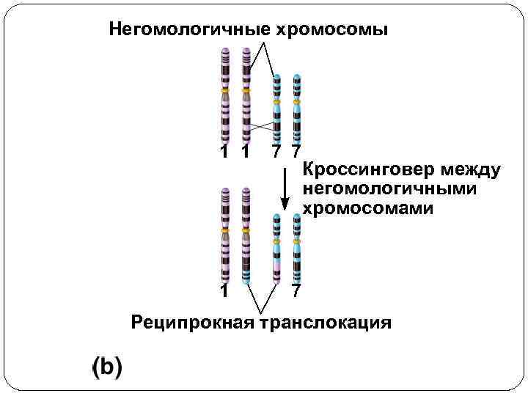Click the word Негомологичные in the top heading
(189, 30)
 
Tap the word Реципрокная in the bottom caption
(191, 322)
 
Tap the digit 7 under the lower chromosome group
(295, 291)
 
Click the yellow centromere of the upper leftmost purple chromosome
(226, 90)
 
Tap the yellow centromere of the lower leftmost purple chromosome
(226, 230)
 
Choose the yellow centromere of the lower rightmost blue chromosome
(296, 240)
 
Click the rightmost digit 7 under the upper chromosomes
(295, 153)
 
